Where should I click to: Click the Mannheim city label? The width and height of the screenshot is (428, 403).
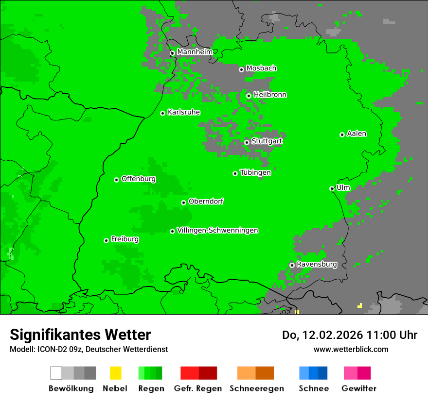[195, 52]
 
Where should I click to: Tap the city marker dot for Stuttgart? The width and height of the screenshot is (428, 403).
[247, 142]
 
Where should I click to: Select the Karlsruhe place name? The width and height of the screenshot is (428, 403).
[183, 112]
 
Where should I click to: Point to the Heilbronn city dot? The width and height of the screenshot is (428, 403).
[249, 96]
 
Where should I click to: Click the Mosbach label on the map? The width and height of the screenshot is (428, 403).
[261, 68]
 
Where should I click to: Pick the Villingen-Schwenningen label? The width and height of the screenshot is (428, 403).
[217, 230]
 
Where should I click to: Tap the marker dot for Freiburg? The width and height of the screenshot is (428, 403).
[106, 240]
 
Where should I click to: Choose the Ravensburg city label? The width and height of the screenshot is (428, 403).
[317, 265]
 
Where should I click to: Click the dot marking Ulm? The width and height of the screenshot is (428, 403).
[332, 188]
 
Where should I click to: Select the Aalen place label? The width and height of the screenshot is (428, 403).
[357, 134]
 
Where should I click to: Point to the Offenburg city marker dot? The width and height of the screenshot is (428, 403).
[117, 180]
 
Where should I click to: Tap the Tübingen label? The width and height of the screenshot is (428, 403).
[255, 172]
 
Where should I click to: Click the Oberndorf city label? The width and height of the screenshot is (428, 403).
[206, 201]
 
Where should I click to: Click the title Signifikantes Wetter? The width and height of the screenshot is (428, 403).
[80, 335]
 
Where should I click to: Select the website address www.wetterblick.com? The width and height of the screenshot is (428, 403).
[351, 349]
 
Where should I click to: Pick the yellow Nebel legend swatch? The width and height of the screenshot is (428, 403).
[115, 373]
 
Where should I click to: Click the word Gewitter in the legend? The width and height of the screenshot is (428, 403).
[359, 388]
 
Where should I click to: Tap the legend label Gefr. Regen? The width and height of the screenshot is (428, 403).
[198, 388]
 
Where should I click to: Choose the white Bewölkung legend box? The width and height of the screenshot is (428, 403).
[56, 373]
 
